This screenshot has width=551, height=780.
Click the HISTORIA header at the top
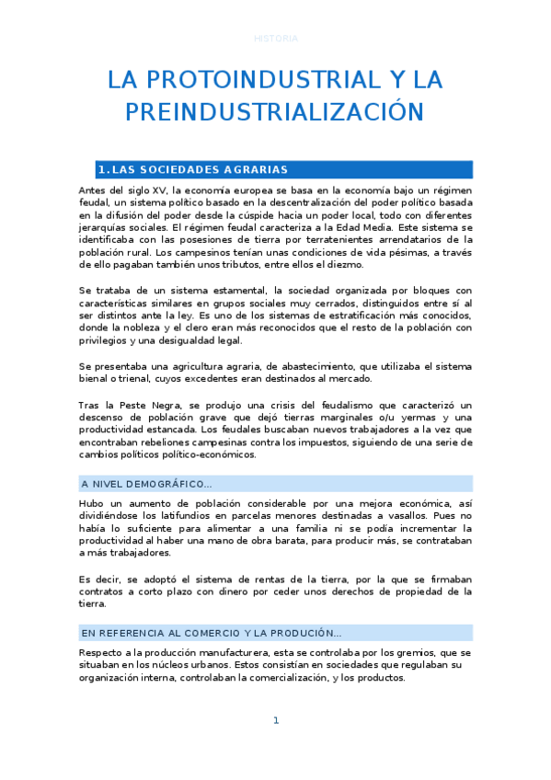click(x=275, y=39)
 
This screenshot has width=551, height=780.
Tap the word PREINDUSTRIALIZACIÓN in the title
click(x=275, y=112)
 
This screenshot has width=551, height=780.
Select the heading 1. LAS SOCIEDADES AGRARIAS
click(x=193, y=169)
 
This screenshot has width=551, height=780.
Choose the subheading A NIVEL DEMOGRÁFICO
click(x=147, y=484)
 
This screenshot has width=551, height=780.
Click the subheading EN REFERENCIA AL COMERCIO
click(x=212, y=633)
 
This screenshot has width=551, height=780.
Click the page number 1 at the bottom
click(x=275, y=721)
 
